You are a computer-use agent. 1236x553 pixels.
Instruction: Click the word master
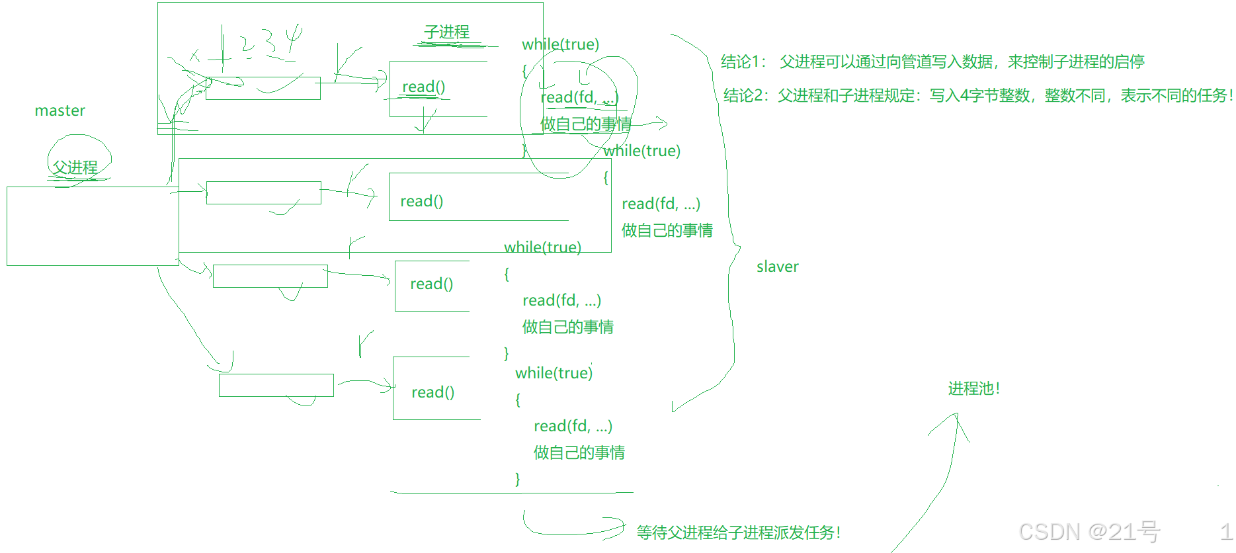point(60,110)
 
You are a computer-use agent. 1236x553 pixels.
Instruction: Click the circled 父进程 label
point(75,167)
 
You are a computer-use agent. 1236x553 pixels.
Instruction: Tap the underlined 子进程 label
point(446,32)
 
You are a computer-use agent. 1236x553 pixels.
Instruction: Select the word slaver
point(777,267)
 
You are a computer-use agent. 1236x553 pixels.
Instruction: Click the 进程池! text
point(973,388)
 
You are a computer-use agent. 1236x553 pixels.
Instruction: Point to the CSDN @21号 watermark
point(1089,531)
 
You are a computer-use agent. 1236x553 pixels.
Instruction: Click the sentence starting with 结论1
point(932,62)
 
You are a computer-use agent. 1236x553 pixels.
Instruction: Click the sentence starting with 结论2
point(977,95)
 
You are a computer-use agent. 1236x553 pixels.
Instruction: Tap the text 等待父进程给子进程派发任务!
point(738,532)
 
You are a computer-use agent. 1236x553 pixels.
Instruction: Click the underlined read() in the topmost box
point(423,87)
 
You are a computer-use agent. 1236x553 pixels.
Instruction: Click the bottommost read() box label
point(433,392)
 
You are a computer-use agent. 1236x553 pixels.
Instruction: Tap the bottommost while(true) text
point(554,373)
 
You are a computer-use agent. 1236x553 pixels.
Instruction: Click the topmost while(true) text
point(560,44)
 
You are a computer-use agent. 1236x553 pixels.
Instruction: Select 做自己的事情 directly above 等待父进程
point(579,452)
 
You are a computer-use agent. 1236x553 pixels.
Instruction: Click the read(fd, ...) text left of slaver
point(661,204)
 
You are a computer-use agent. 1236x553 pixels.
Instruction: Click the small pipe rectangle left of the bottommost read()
point(276,385)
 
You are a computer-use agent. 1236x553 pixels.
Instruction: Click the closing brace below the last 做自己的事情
point(518,479)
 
